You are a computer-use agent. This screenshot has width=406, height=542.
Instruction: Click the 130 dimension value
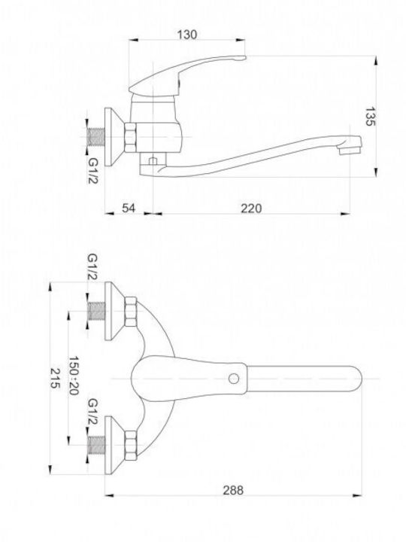tap(187, 35)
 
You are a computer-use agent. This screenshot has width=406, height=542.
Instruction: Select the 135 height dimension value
tap(370, 117)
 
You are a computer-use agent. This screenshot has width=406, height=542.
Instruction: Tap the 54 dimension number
tap(129, 208)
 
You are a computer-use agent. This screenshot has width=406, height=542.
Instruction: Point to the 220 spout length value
tap(251, 208)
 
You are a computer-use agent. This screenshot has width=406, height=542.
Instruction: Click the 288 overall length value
tap(233, 490)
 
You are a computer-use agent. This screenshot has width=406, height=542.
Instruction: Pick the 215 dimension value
tap(55, 378)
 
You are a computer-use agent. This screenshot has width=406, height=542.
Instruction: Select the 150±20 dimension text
tap(74, 376)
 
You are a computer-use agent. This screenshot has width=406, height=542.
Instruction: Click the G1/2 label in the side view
tap(93, 171)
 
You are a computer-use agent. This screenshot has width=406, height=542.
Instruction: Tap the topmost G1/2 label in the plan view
tap(93, 266)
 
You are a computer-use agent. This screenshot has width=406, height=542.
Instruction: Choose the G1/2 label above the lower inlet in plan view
tap(93, 411)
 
